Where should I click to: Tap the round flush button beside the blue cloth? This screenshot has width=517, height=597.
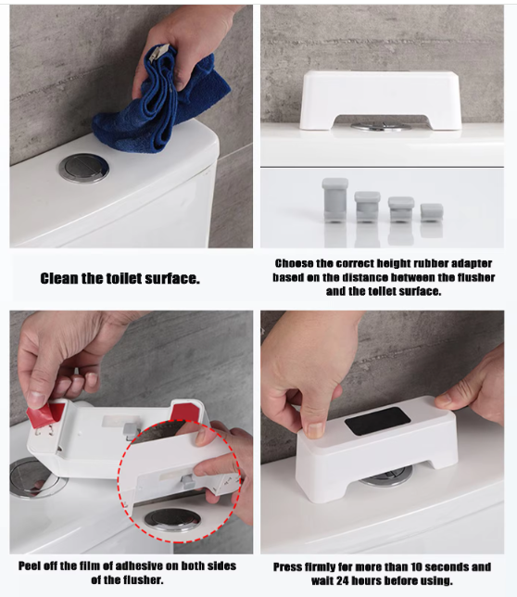point(83,169)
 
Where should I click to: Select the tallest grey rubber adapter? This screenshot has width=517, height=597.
point(334,200)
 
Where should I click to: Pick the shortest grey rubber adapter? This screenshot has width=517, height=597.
point(432,213)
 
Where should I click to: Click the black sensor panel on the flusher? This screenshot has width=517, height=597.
point(377,421)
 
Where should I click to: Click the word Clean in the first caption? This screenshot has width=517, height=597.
point(59,279)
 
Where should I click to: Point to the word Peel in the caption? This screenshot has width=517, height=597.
point(29,565)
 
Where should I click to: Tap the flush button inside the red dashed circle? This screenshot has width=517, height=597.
point(172,519)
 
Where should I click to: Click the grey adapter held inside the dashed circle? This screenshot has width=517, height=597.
point(188,482)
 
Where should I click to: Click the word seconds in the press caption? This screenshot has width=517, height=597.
point(448,567)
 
